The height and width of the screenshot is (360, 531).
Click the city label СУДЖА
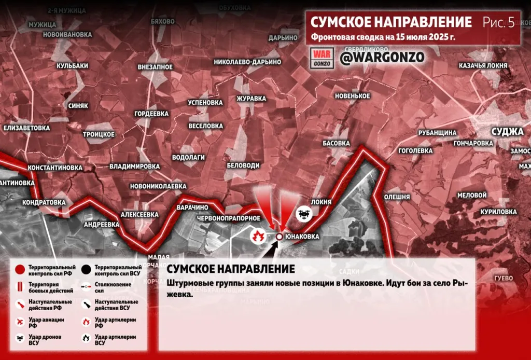[508, 131]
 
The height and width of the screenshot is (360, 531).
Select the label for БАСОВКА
[337, 143]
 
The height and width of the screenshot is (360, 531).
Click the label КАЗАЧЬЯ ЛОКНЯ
[483, 66]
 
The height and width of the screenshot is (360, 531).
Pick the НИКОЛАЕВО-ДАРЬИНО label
[247, 62]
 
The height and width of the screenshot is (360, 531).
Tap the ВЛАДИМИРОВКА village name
[134, 167]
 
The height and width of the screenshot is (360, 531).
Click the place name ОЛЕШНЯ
[397, 197]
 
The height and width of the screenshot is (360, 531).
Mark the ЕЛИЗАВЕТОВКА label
[27, 128]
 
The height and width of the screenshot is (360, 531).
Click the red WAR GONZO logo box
[323, 58]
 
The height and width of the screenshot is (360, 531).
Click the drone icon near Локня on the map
[303, 213]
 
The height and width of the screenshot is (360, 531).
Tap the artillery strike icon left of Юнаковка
[258, 237]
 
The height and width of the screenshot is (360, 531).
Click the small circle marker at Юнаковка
[279, 237]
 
